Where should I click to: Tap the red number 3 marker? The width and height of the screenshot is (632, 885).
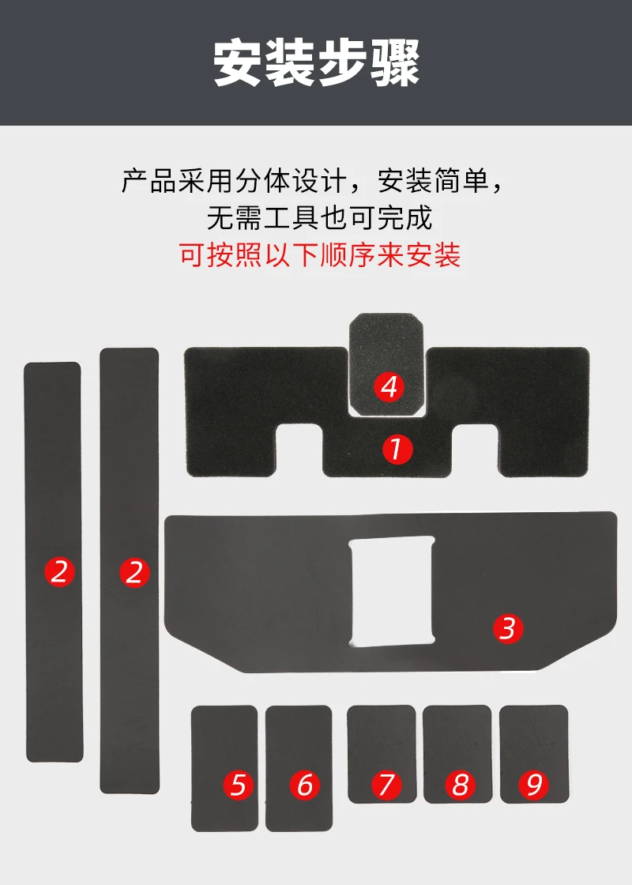[x=508, y=628]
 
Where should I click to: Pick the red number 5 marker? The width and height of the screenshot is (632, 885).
[x=238, y=785]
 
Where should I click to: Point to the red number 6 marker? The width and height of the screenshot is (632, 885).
[x=305, y=785]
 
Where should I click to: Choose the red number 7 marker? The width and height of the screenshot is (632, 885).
[x=386, y=785]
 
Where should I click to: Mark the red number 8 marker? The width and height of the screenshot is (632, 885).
[x=461, y=785]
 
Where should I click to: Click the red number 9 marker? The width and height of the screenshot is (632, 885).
[x=534, y=785]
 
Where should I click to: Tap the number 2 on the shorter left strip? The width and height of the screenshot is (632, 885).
[x=59, y=571]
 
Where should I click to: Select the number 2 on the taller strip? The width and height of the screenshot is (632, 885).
[x=134, y=573]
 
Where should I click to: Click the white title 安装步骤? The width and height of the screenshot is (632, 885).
[x=317, y=62]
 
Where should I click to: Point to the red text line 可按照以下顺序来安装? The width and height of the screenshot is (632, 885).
[x=320, y=255]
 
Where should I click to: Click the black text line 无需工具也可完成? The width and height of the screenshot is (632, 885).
[x=319, y=218]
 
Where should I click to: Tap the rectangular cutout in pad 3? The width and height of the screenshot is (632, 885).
[x=392, y=591]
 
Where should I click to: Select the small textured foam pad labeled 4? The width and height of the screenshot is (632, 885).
[x=386, y=364]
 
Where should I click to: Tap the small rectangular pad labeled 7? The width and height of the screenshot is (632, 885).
[x=382, y=754]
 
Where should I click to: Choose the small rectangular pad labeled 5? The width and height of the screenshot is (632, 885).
[x=224, y=768]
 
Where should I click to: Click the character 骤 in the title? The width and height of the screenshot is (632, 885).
[x=396, y=62]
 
